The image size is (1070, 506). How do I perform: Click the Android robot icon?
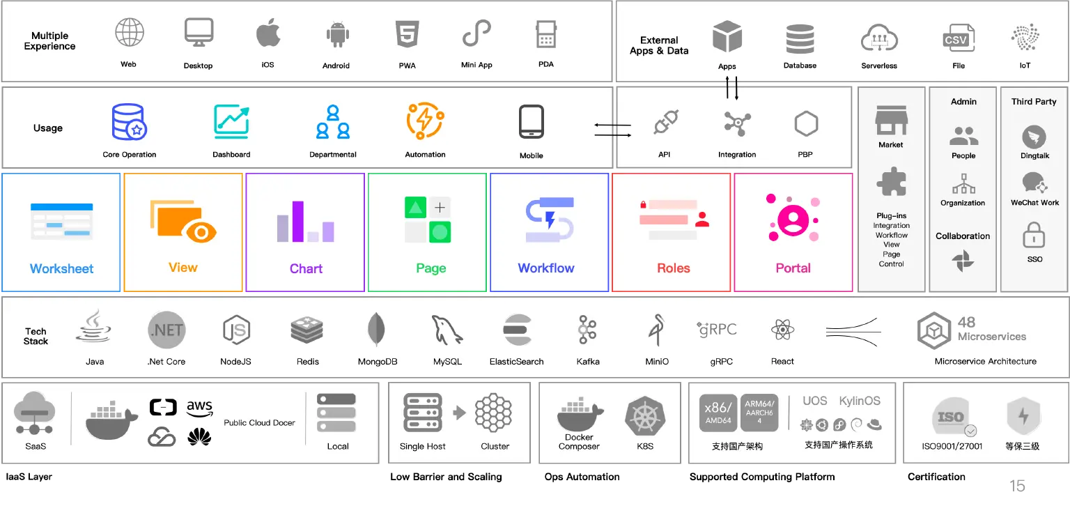point(338,34)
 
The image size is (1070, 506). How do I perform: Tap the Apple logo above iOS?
point(268,33)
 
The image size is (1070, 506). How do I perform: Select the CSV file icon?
point(959,38)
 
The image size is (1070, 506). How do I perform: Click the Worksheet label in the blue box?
point(61,268)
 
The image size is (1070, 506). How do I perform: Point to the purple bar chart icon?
point(306,221)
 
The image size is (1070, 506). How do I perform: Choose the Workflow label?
point(546,268)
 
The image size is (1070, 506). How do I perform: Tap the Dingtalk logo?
point(1034,137)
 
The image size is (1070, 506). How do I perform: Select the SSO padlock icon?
point(1034,235)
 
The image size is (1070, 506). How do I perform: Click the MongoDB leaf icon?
point(376,329)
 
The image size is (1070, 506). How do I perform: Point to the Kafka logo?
point(587,329)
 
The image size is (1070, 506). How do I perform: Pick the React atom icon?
point(782,330)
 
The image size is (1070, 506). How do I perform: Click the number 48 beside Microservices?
point(966,322)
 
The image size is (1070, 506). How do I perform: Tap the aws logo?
point(199,408)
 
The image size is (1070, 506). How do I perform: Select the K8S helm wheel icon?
point(645,416)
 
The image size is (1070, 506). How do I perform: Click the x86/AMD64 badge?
point(718,413)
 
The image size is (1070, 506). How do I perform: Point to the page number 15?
point(1017,486)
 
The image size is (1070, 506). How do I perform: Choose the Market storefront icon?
point(892,120)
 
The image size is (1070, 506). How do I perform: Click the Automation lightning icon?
point(425,121)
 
